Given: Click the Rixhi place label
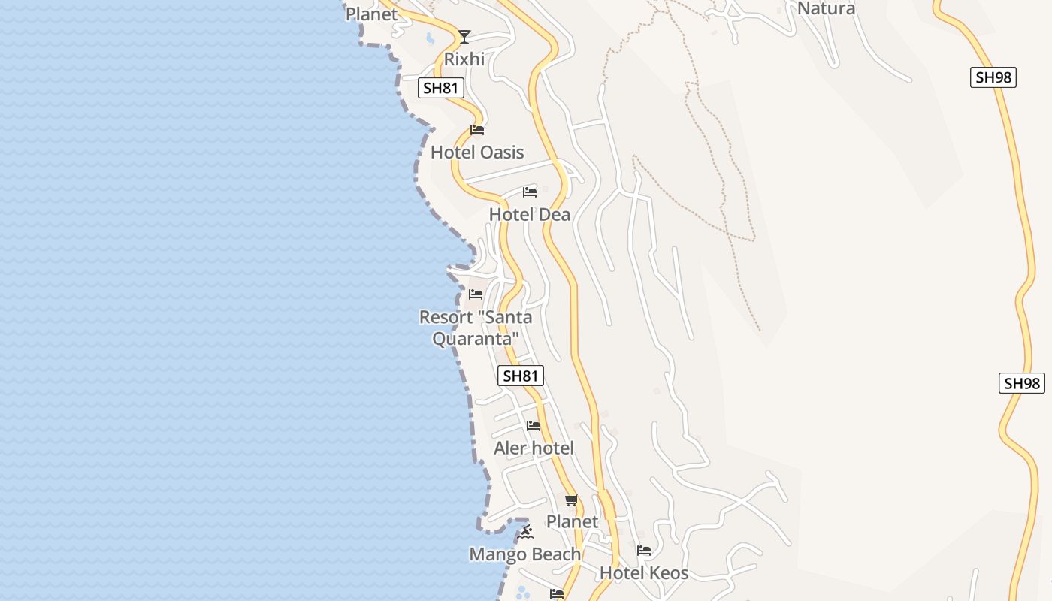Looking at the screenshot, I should [464, 59].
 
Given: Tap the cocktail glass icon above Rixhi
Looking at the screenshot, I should [464, 36].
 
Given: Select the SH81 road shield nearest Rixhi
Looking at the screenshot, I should [440, 88].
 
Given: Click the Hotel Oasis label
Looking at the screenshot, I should [477, 153].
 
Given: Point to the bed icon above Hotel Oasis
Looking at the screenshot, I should [476, 130].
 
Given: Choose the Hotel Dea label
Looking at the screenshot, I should [530, 215].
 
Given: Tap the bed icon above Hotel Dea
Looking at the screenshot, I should [530, 192].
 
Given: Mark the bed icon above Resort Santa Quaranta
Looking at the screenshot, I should [476, 294].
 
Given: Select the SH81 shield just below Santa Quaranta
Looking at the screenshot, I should [521, 376].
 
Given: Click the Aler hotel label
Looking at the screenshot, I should [534, 448].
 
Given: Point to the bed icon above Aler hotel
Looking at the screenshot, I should [534, 426].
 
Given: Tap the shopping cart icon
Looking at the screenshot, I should [572, 500].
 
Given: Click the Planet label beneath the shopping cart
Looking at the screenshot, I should [573, 521].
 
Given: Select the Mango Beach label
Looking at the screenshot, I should [525, 554].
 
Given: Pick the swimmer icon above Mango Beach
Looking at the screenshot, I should [525, 532].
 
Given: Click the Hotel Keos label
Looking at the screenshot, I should [644, 574].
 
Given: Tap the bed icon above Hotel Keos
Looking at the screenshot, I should [644, 551].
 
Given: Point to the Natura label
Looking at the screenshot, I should [826, 9].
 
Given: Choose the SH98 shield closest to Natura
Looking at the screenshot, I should [993, 77].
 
